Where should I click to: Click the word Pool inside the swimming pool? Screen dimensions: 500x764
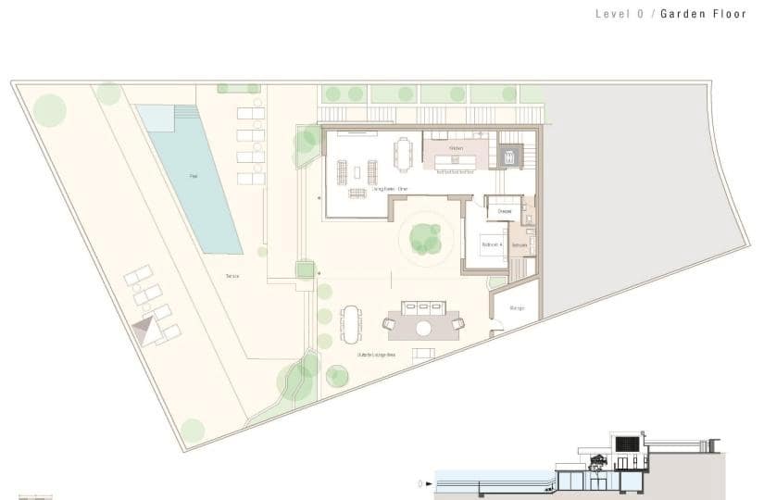point(194,175)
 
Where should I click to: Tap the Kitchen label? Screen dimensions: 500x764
point(456,148)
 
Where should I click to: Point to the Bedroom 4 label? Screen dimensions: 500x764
point(491,244)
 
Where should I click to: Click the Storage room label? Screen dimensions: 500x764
point(517,307)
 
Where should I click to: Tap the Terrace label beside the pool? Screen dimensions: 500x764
point(232,276)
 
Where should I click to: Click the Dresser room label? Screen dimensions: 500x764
point(505,211)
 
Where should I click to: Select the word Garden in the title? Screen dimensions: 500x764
point(680,14)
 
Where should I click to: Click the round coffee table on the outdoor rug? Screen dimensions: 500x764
point(423,327)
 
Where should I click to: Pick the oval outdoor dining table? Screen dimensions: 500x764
point(352,323)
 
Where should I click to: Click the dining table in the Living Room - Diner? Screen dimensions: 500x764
point(402,153)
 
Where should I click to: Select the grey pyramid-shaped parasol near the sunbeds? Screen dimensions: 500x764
point(144,330)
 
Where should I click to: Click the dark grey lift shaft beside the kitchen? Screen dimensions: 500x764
point(508,156)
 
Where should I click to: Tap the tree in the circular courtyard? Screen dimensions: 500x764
point(426,238)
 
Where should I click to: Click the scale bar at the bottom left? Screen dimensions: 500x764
point(35,497)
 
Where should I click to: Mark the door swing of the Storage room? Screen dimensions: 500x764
point(496,324)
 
